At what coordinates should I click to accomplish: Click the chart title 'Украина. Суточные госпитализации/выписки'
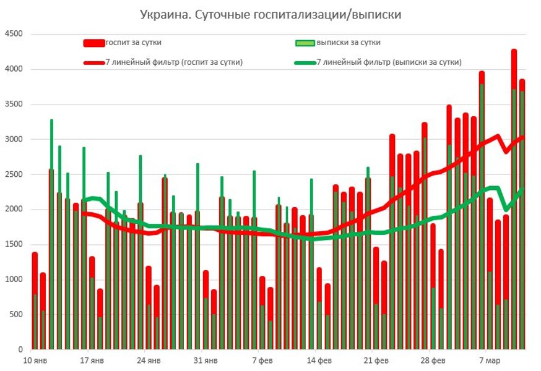[270, 14]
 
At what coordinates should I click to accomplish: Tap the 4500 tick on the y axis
[14, 35]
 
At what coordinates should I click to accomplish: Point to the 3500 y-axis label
[14, 104]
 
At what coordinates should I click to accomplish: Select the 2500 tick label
[14, 174]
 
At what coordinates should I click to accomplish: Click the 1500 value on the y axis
[14, 244]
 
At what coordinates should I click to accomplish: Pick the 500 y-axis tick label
[16, 314]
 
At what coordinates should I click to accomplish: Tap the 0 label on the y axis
[20, 349]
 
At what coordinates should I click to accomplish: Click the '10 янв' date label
[35, 359]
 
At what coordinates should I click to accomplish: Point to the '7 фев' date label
[262, 359]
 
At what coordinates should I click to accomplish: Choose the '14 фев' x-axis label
[320, 359]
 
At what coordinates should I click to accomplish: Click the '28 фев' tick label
[433, 359]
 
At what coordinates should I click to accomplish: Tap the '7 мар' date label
[490, 359]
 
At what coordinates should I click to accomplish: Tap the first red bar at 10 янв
[35, 272]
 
